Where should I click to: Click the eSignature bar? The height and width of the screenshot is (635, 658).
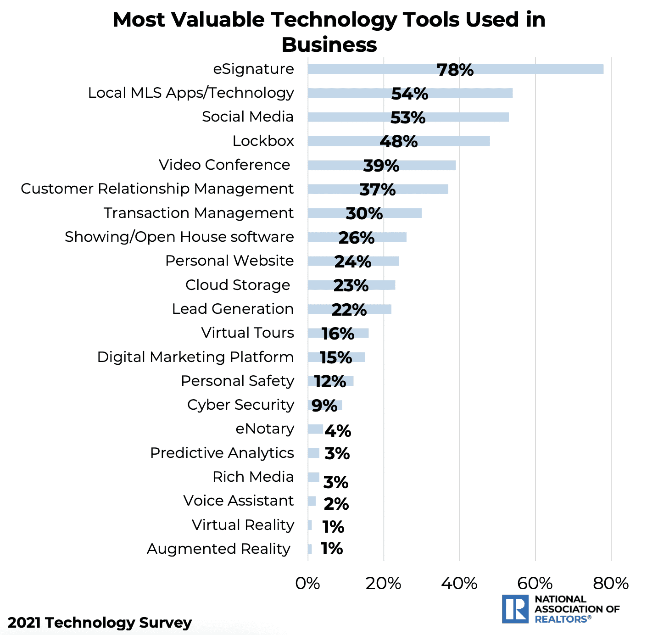point(455,69)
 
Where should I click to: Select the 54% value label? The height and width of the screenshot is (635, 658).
point(409,94)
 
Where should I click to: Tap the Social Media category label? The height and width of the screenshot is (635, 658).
point(247,117)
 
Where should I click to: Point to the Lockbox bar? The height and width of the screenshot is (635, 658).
point(398,141)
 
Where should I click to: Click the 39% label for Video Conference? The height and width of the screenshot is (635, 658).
point(381,166)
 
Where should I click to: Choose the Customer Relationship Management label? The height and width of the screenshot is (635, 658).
point(157,189)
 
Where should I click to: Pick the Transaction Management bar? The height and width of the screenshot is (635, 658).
point(364,213)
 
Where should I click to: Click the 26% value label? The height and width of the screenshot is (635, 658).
point(356,238)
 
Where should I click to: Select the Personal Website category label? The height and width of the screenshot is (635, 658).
point(229,261)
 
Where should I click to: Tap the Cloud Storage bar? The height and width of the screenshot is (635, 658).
point(351,285)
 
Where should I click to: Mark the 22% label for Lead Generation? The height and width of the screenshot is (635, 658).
point(349,310)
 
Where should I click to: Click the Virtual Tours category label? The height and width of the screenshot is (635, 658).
point(247,333)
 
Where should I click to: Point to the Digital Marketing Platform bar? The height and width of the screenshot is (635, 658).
point(336,357)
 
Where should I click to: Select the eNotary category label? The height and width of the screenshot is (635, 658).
point(265,429)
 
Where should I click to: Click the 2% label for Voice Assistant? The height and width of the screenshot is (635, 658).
point(336,504)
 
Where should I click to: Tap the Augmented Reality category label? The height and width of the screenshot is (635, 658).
point(218,549)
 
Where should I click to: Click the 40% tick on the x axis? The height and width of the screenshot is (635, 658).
point(459,583)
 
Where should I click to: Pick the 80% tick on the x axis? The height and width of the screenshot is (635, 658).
point(611,583)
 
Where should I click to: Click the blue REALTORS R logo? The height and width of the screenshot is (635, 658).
point(515,609)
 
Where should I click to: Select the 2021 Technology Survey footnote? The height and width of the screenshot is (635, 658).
point(100,623)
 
